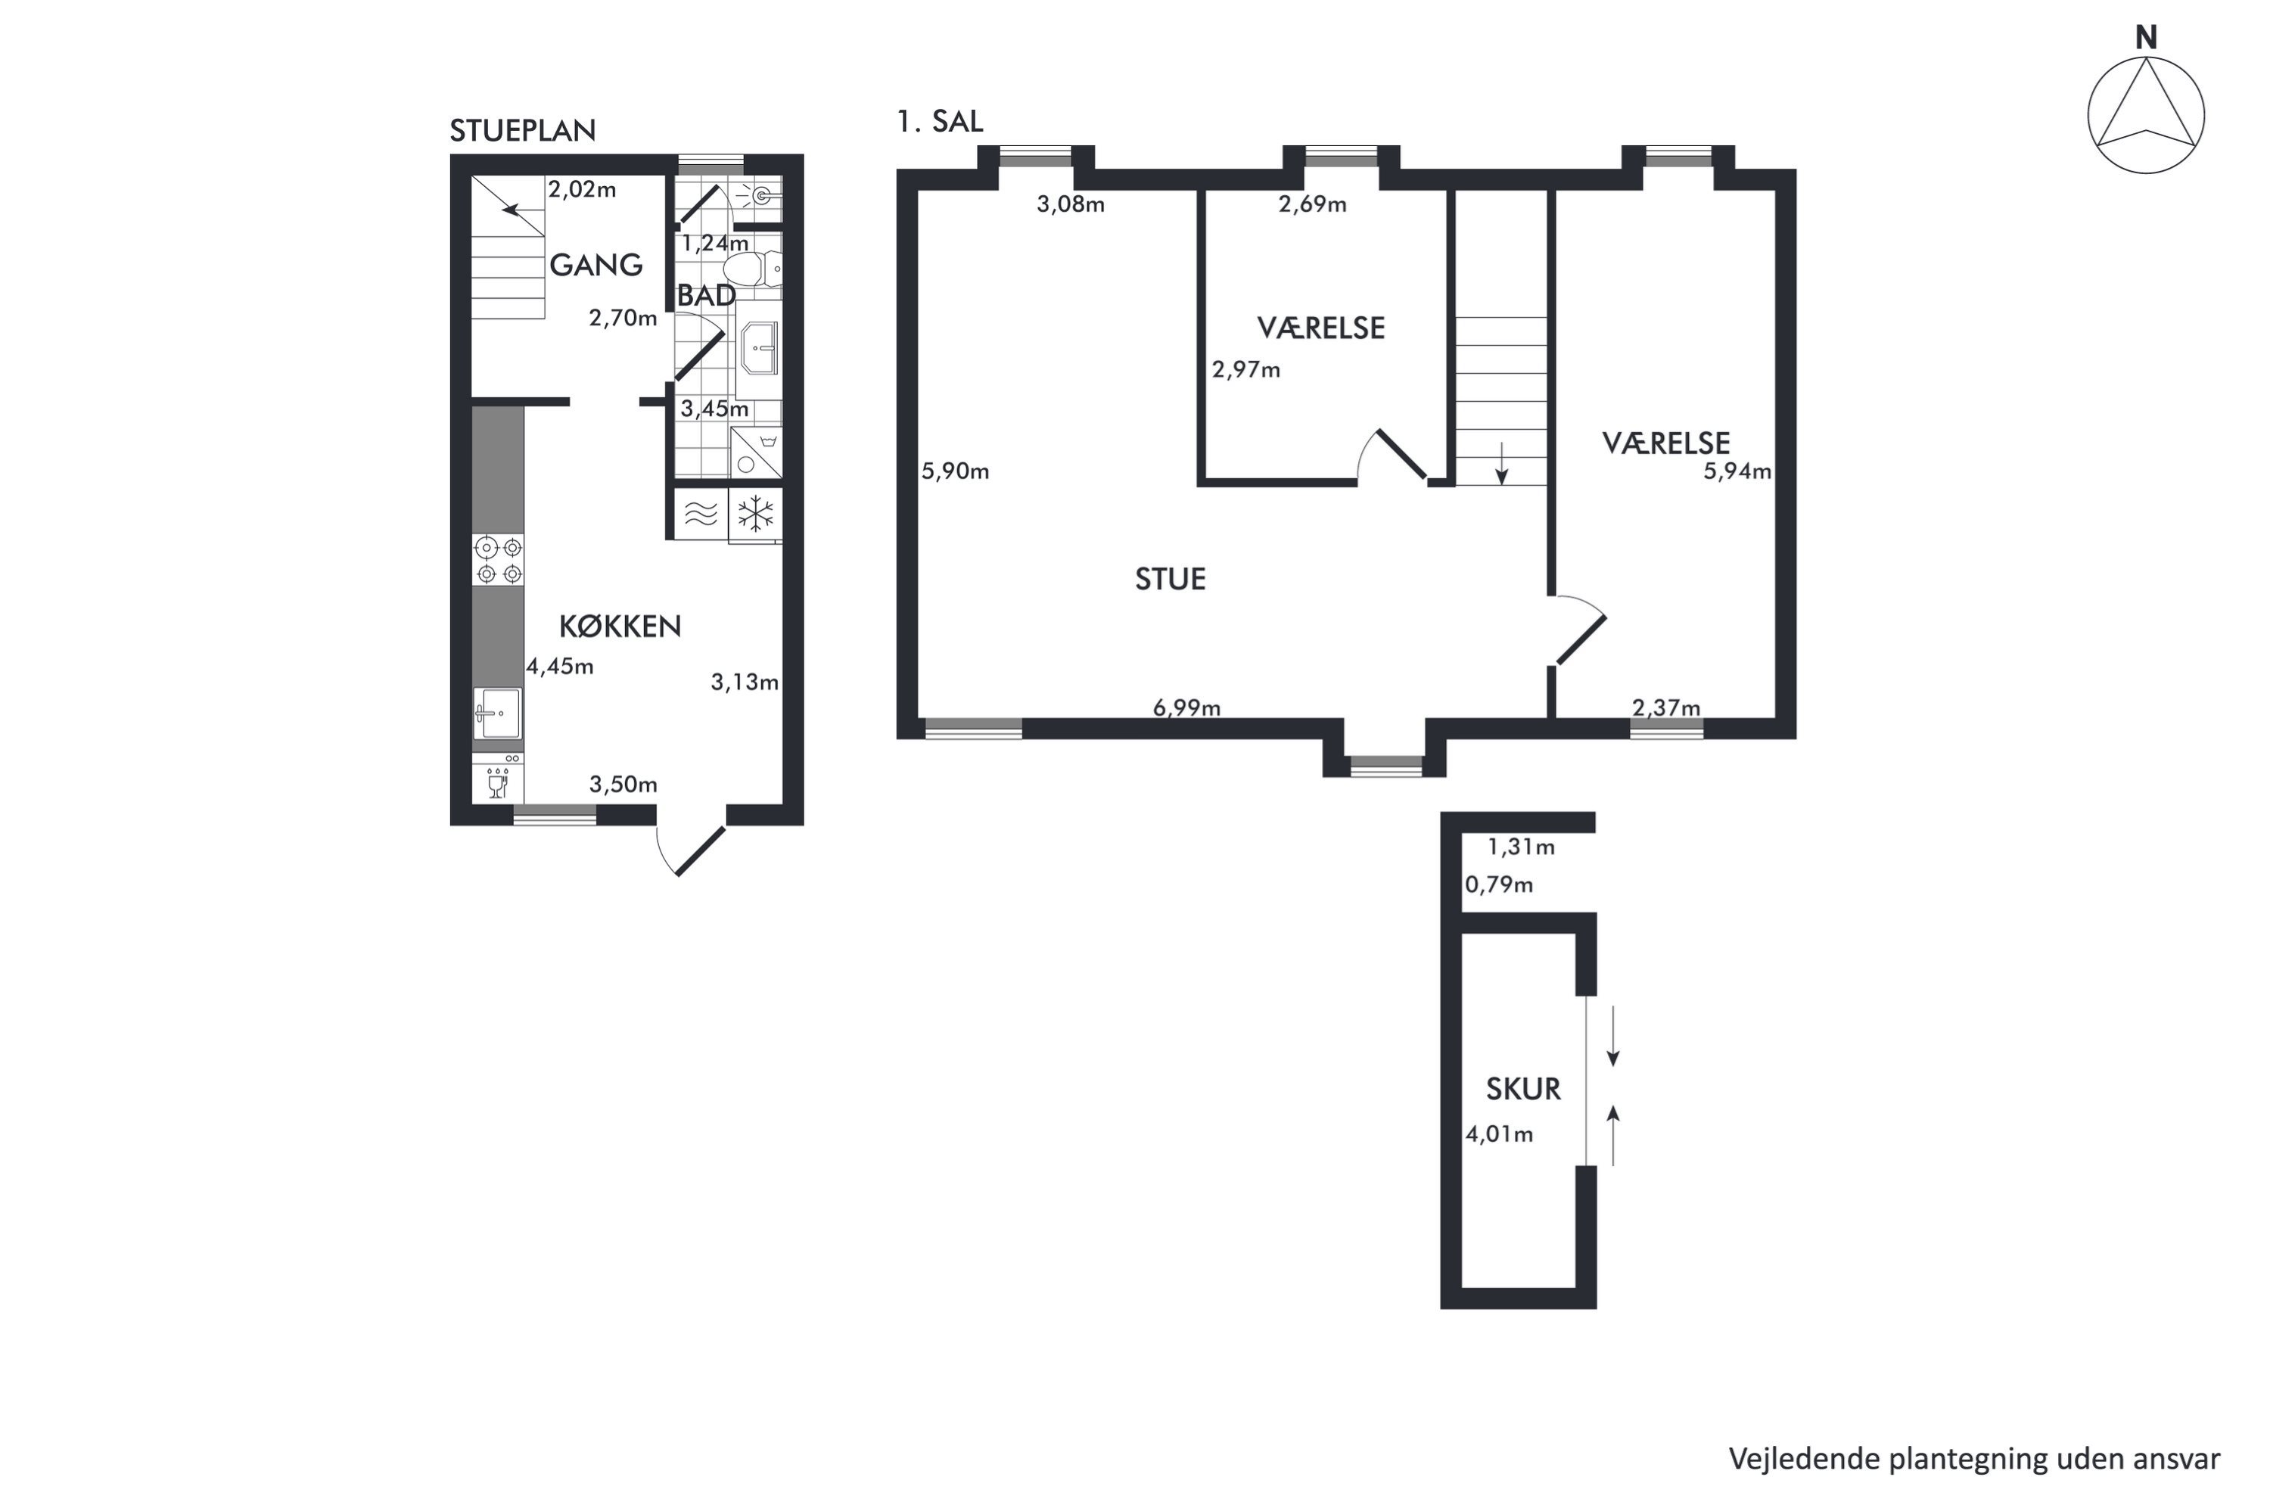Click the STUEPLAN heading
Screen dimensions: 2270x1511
tap(522, 130)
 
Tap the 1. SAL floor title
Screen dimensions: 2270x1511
tap(940, 121)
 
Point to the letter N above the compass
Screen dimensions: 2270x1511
tap(2146, 38)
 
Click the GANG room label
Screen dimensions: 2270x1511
tap(595, 264)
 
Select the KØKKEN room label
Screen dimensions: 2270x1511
tap(620, 626)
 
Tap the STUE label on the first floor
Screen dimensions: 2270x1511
tap(1170, 578)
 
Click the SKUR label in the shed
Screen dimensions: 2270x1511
tap(1522, 1089)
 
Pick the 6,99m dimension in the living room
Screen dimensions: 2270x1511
tap(1186, 707)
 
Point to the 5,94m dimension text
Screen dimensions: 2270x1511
tap(1737, 471)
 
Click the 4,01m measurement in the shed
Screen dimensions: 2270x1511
tap(1499, 1134)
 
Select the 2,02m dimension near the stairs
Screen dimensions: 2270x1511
tap(582, 189)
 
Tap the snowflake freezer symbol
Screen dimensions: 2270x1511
tap(755, 515)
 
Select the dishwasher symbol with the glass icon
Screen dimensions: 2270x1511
tap(498, 779)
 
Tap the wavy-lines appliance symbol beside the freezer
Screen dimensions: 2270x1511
tap(701, 515)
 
